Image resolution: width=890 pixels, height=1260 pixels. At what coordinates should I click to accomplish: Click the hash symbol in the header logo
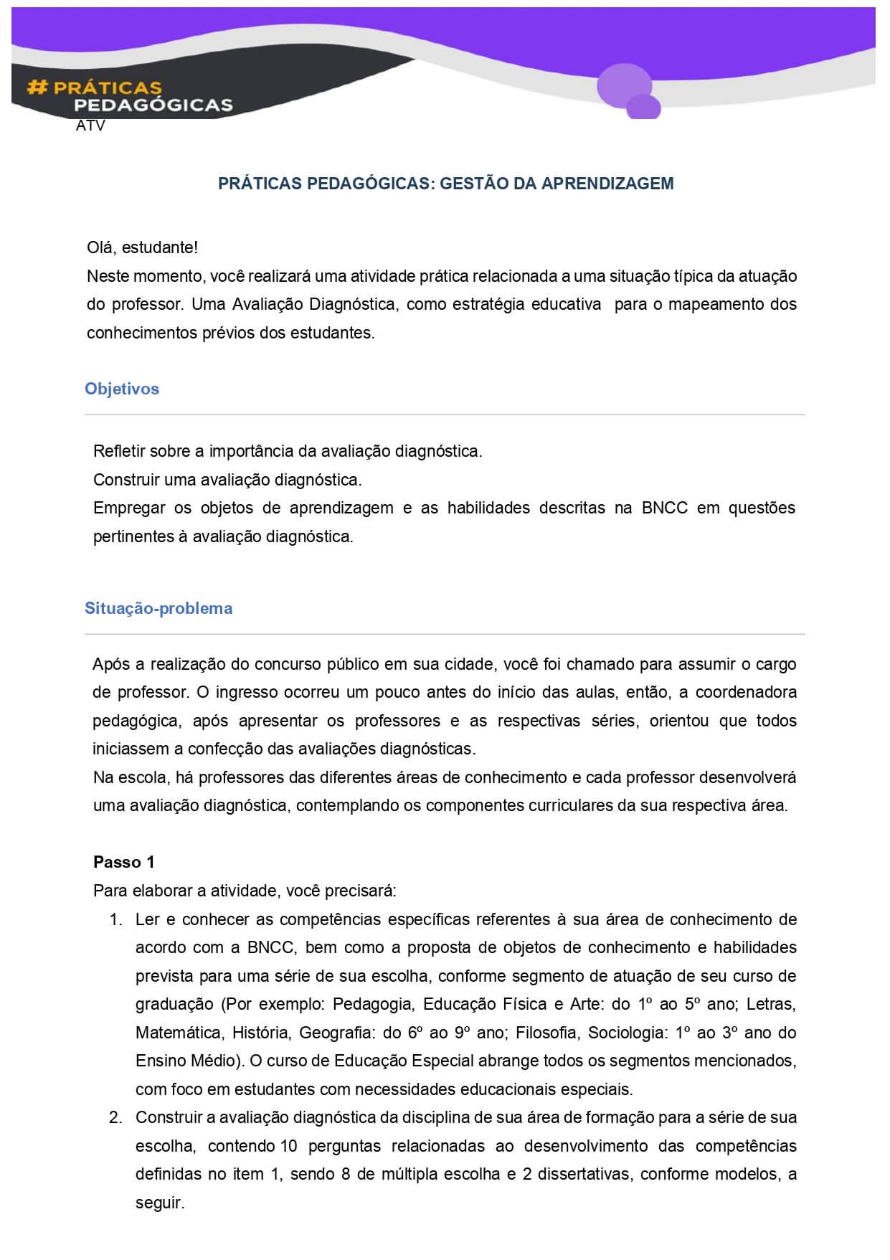coord(37,87)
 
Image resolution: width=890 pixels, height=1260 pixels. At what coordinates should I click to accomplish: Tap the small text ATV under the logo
coord(90,126)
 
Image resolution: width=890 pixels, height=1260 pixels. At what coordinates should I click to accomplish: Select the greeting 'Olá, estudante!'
coord(142,248)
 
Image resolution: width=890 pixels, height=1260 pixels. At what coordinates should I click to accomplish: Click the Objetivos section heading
coord(122,389)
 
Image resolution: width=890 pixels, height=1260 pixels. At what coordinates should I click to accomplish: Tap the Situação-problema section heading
coord(158,608)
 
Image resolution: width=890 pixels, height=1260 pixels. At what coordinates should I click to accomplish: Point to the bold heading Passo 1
coord(123,862)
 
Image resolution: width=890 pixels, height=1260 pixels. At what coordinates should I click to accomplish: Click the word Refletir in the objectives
coord(119,451)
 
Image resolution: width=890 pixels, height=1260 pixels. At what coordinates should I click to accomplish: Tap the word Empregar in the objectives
coord(127,508)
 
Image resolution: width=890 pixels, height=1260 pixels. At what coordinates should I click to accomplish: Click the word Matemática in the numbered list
coord(176,1033)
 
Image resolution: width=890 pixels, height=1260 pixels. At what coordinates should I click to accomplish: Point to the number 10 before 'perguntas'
coord(288,1146)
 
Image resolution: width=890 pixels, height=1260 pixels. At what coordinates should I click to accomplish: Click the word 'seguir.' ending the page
coord(160,1203)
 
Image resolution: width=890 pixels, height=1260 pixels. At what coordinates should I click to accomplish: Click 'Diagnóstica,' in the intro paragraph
coord(352,305)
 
